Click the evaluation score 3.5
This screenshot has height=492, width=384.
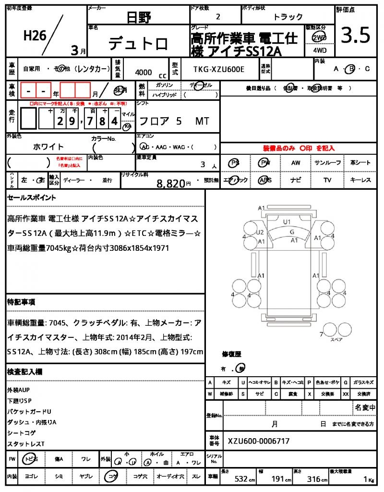click(355, 36)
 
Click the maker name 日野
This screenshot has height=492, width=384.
click(139, 18)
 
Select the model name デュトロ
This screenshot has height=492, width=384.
click(138, 44)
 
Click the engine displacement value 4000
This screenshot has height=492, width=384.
click(144, 73)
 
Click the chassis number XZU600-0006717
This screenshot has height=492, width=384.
click(259, 441)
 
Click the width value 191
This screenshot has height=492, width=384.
click(278, 480)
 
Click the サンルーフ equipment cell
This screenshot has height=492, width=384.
click(328, 163)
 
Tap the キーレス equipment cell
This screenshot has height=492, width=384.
click(360, 180)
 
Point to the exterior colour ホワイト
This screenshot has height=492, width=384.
click(48, 147)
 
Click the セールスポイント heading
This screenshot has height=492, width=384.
click(31, 197)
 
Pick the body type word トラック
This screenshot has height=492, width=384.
click(288, 17)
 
